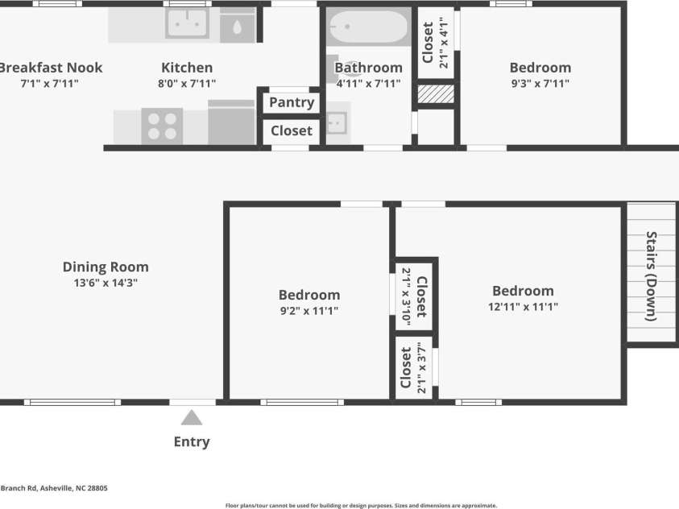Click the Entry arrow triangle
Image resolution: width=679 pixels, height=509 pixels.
tap(192, 418)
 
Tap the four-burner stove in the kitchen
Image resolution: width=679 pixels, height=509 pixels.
tap(162, 126)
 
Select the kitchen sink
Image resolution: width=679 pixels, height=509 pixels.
tap(187, 23)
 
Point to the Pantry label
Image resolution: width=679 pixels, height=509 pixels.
tap(292, 102)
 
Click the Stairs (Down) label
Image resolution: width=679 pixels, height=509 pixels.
tap(652, 276)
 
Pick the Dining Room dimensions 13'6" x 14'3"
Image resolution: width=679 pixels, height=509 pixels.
tap(106, 283)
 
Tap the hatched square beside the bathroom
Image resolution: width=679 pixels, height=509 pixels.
tap(436, 94)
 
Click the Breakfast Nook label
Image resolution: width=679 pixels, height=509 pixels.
tap(51, 68)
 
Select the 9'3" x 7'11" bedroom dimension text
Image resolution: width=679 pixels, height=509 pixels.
tap(540, 83)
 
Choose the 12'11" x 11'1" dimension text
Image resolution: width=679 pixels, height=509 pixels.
tap(523, 306)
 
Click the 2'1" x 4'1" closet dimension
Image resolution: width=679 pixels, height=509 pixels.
tap(444, 43)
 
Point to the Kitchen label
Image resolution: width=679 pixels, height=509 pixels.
tap(187, 68)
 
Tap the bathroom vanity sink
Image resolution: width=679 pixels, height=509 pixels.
tap(337, 123)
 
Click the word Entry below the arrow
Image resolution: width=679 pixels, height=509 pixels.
tap(192, 442)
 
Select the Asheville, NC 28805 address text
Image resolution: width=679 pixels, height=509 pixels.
tap(73, 488)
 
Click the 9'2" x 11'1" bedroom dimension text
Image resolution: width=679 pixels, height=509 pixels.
tap(309, 311)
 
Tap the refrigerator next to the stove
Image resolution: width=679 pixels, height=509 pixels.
tap(231, 122)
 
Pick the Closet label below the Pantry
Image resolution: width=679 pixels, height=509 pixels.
tap(292, 130)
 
